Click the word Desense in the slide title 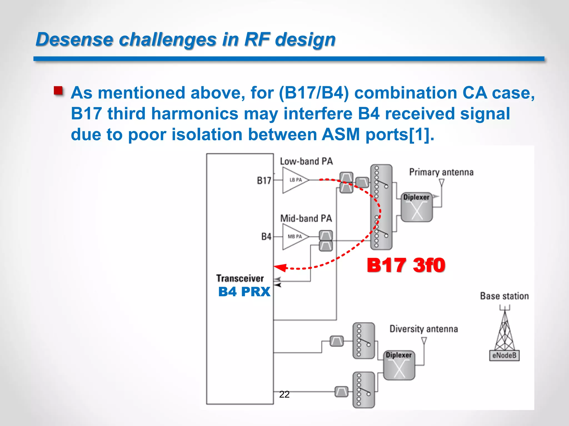click(x=74, y=39)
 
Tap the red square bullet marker click(x=58, y=91)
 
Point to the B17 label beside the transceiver click(x=264, y=181)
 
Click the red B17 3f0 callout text click(x=406, y=265)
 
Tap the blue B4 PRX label click(x=244, y=292)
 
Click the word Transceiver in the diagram click(x=240, y=278)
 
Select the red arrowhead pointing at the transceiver click(x=280, y=267)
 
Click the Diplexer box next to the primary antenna click(x=416, y=207)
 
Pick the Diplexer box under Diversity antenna click(x=399, y=365)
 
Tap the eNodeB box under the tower click(x=504, y=355)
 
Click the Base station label click(x=504, y=296)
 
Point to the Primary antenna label click(x=441, y=172)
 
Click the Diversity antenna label click(x=423, y=329)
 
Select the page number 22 click(x=284, y=394)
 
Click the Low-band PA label click(x=306, y=161)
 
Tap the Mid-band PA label click(x=306, y=218)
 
